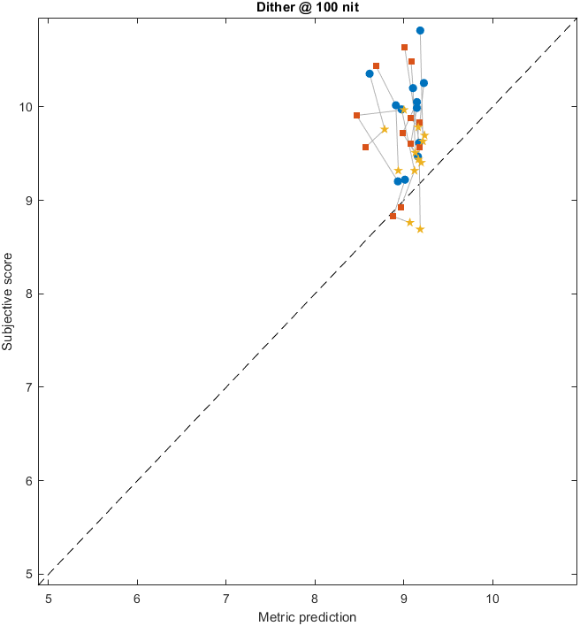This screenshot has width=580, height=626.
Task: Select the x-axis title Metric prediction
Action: click(x=307, y=616)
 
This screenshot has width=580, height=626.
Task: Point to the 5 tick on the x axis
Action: click(x=49, y=597)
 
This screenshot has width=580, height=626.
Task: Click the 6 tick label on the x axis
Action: click(x=137, y=597)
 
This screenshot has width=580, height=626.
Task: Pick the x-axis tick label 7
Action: click(x=225, y=597)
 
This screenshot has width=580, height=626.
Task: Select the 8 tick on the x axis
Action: click(x=315, y=597)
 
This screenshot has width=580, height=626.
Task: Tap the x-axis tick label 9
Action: click(x=403, y=597)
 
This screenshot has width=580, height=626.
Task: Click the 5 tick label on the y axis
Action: click(x=29, y=574)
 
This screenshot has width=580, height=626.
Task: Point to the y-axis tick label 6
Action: click(x=29, y=480)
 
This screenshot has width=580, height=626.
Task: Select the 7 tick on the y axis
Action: click(x=29, y=387)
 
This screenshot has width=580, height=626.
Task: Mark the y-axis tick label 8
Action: click(x=29, y=294)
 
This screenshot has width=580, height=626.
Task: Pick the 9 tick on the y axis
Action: click(x=29, y=200)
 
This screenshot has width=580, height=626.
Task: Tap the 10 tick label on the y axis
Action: click(x=27, y=107)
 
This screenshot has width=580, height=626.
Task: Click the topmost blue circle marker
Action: click(x=420, y=30)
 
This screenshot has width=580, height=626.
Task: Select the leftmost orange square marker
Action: click(x=356, y=115)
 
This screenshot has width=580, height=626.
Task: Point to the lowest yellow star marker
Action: click(x=420, y=229)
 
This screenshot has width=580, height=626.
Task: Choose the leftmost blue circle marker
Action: click(x=370, y=73)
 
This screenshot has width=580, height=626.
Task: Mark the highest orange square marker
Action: click(x=404, y=47)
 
